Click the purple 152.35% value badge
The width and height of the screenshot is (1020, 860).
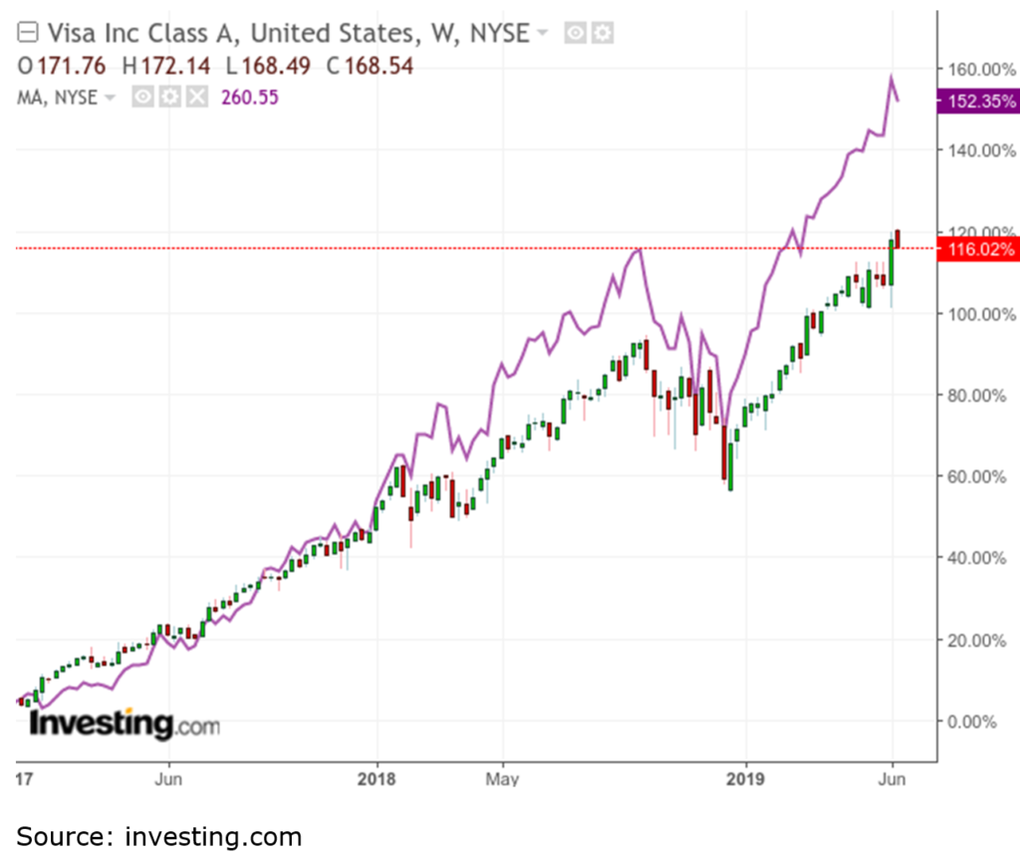tap(977, 101)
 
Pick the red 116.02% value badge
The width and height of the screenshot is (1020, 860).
tap(977, 248)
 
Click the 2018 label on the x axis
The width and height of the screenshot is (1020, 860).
tap(377, 777)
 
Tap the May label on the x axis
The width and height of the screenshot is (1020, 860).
tap(503, 777)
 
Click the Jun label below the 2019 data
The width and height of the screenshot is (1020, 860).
tap(892, 777)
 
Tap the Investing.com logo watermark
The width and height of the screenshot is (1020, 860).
tap(125, 723)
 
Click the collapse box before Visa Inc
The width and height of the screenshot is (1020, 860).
tap(29, 33)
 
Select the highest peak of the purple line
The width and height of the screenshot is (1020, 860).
tap(892, 77)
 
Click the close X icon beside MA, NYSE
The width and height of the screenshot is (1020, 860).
tap(197, 97)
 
